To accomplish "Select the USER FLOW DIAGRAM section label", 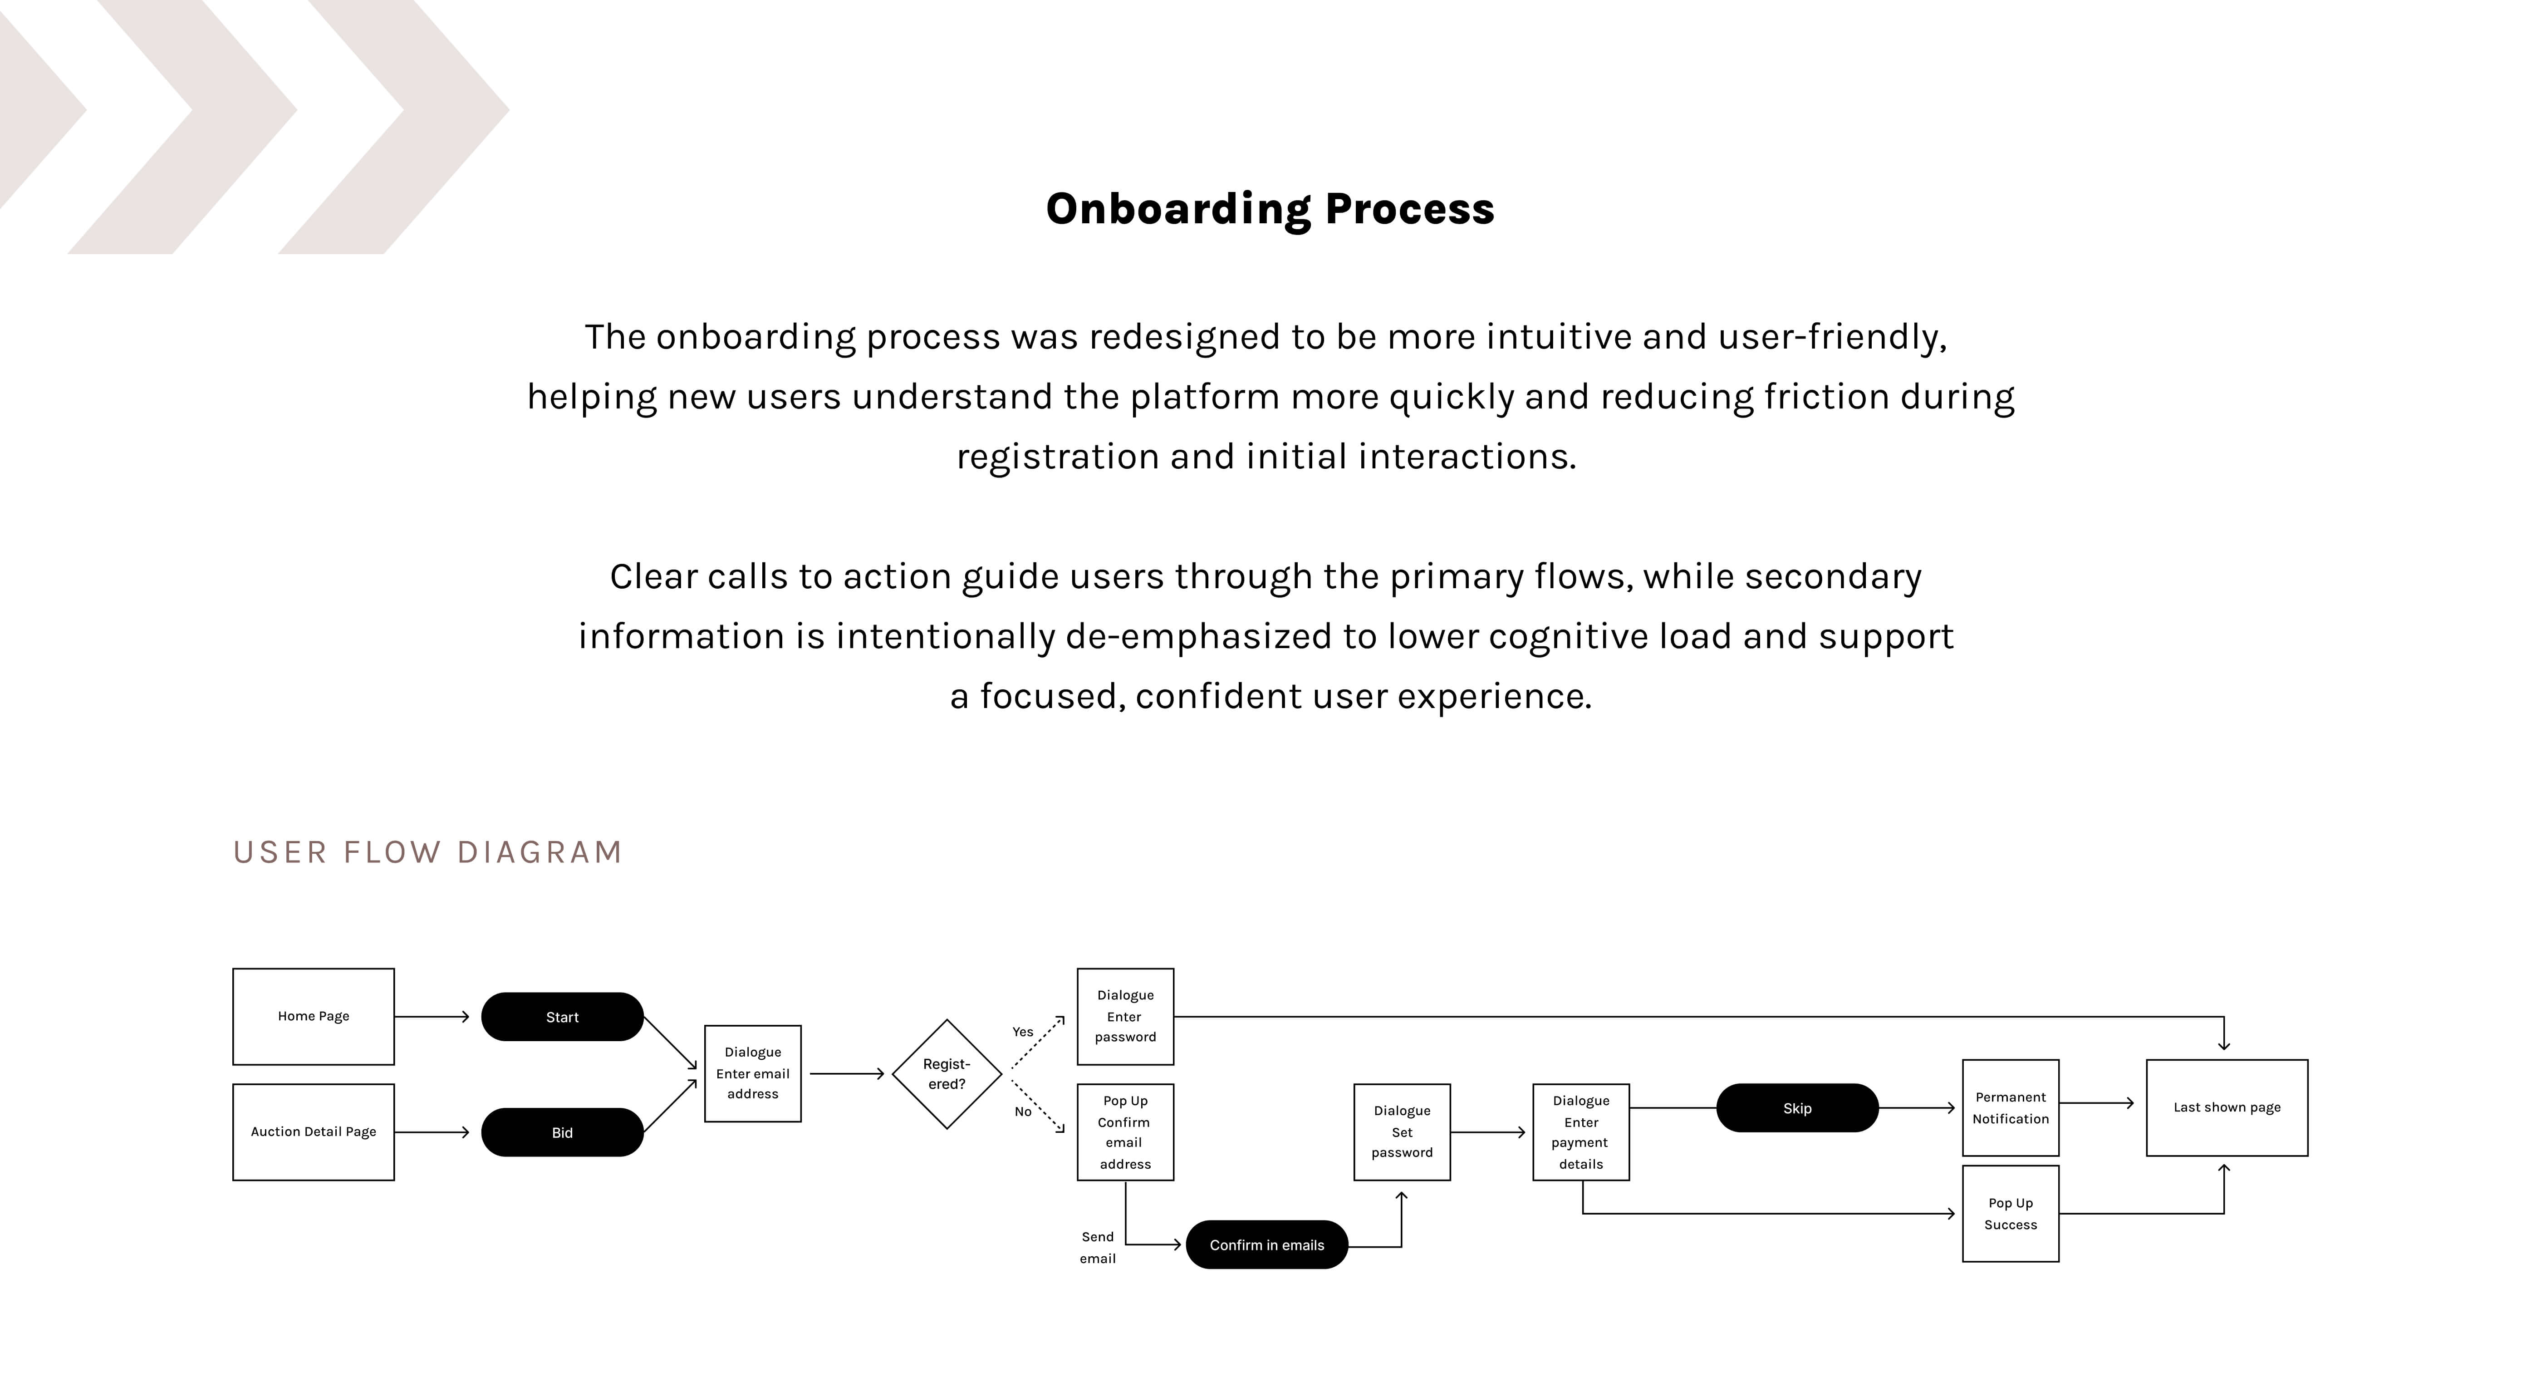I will tap(427, 851).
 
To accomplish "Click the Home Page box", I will tap(314, 1016).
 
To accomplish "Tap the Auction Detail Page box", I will tap(314, 1131).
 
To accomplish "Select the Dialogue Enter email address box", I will tap(753, 1073).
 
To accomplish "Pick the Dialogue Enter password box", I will tap(1125, 1016).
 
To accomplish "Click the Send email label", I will tap(1098, 1247).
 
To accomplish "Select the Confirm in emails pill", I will tap(1266, 1245).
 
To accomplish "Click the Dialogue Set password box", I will tap(1402, 1131).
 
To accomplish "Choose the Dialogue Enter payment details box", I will tap(1581, 1131).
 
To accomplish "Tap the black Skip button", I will tap(1797, 1108).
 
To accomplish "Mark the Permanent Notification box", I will tap(2010, 1108).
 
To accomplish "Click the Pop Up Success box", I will tap(2010, 1213).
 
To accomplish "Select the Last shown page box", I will tap(2227, 1107).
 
